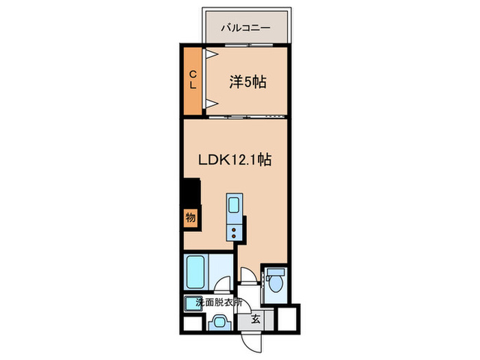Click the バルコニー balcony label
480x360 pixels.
245,28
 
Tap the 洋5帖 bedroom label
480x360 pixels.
248,82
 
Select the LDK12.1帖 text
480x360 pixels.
235,160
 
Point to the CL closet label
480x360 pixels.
193,80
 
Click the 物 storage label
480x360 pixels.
191,217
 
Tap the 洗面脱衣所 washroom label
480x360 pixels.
219,303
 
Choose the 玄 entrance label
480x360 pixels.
256,320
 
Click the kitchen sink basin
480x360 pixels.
234,205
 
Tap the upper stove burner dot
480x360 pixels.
234,230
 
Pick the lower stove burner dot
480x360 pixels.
234,236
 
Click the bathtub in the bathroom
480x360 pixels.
195,272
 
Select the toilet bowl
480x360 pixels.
275,284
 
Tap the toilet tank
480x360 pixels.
276,272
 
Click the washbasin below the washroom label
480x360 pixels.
220,322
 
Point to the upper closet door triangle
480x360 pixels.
211,54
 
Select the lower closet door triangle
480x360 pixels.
211,104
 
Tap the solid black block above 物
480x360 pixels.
191,191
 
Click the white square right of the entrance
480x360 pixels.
287,319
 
